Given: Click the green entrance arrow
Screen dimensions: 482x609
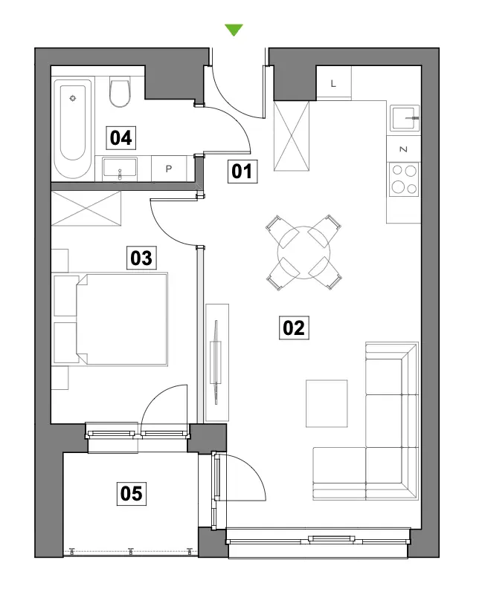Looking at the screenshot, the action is tap(234, 30).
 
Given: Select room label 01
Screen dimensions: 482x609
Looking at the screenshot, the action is tap(242, 172).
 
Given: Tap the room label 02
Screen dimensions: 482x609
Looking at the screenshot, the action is tap(294, 328).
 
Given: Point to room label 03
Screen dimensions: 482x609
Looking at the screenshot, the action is tap(141, 258).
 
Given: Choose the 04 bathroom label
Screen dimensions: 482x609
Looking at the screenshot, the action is tap(120, 138).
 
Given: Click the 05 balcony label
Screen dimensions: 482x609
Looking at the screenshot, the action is tap(132, 493).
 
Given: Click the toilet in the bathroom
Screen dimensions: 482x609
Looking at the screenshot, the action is tap(120, 91).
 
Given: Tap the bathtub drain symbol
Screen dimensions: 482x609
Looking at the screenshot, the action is tap(73, 98).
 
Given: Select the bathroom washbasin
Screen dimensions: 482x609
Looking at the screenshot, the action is tap(120, 169).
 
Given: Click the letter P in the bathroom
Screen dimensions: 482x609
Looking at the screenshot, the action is tap(168, 169).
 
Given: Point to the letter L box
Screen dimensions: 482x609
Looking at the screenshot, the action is tap(333, 83).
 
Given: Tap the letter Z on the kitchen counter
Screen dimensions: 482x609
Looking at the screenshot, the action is tap(403, 149).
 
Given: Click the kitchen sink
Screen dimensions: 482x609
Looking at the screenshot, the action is tap(405, 118).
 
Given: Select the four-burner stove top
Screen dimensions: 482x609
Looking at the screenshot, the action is tap(404, 180).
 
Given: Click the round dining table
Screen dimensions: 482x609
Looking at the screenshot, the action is tap(303, 253).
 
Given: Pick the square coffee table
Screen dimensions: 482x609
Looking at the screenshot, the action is tap(327, 403).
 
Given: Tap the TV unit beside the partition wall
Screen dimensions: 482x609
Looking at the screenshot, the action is tap(217, 362).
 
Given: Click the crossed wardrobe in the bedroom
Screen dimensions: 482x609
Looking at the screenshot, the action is tap(86, 208).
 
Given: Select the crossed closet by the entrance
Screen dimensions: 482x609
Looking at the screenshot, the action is tap(292, 136).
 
